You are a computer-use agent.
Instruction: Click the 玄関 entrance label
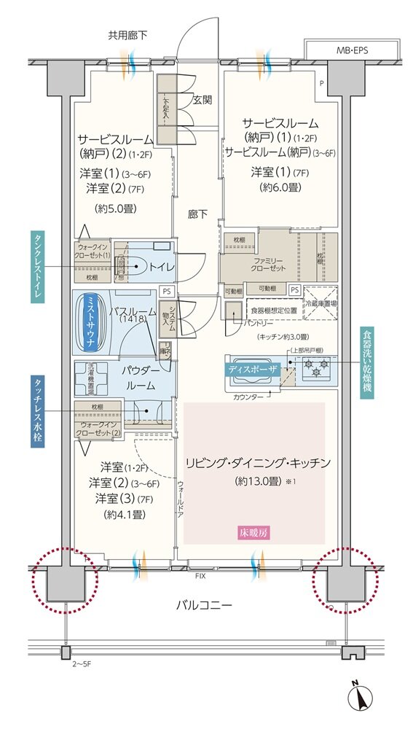pos(202,99)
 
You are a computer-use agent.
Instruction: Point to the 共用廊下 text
pos(127,35)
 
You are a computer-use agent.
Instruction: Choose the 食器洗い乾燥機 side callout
pos(367,362)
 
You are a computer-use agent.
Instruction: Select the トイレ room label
pos(162,268)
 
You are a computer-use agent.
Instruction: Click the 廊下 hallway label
pos(197,214)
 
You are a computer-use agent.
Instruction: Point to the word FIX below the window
pos(200,576)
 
